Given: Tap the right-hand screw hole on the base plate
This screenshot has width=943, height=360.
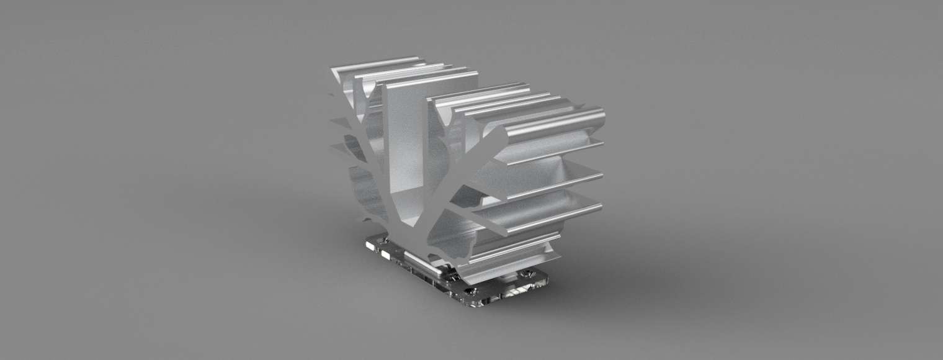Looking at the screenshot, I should (528, 274).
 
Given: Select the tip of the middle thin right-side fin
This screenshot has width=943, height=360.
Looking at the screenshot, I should (602, 175).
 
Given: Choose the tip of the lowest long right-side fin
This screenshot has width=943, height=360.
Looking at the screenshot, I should (601, 206).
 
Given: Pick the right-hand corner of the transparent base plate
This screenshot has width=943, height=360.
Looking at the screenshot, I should (548, 277).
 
